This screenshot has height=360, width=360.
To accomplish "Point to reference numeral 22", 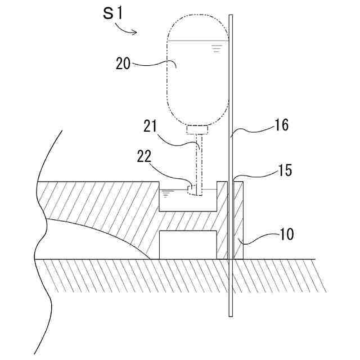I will point(145,155).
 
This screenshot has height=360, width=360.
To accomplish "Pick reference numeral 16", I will point(282,125).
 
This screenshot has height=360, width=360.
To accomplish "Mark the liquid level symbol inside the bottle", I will point(216,48).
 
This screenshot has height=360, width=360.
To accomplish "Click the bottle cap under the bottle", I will point(197,130).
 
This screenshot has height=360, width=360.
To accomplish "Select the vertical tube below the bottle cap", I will point(199,160).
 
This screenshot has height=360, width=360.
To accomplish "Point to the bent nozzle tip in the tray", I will point(192,191).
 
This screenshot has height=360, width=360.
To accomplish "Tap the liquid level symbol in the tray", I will point(168,193).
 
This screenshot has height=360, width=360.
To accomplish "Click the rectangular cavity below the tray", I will point(188,244).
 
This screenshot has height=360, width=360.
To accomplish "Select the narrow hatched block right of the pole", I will point(238,219).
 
